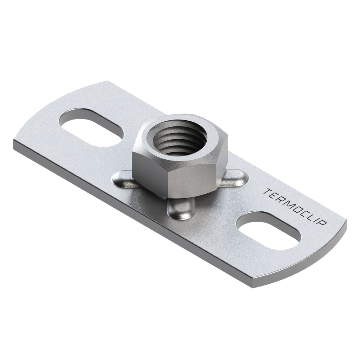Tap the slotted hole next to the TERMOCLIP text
pyautogui.click(x=269, y=231)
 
